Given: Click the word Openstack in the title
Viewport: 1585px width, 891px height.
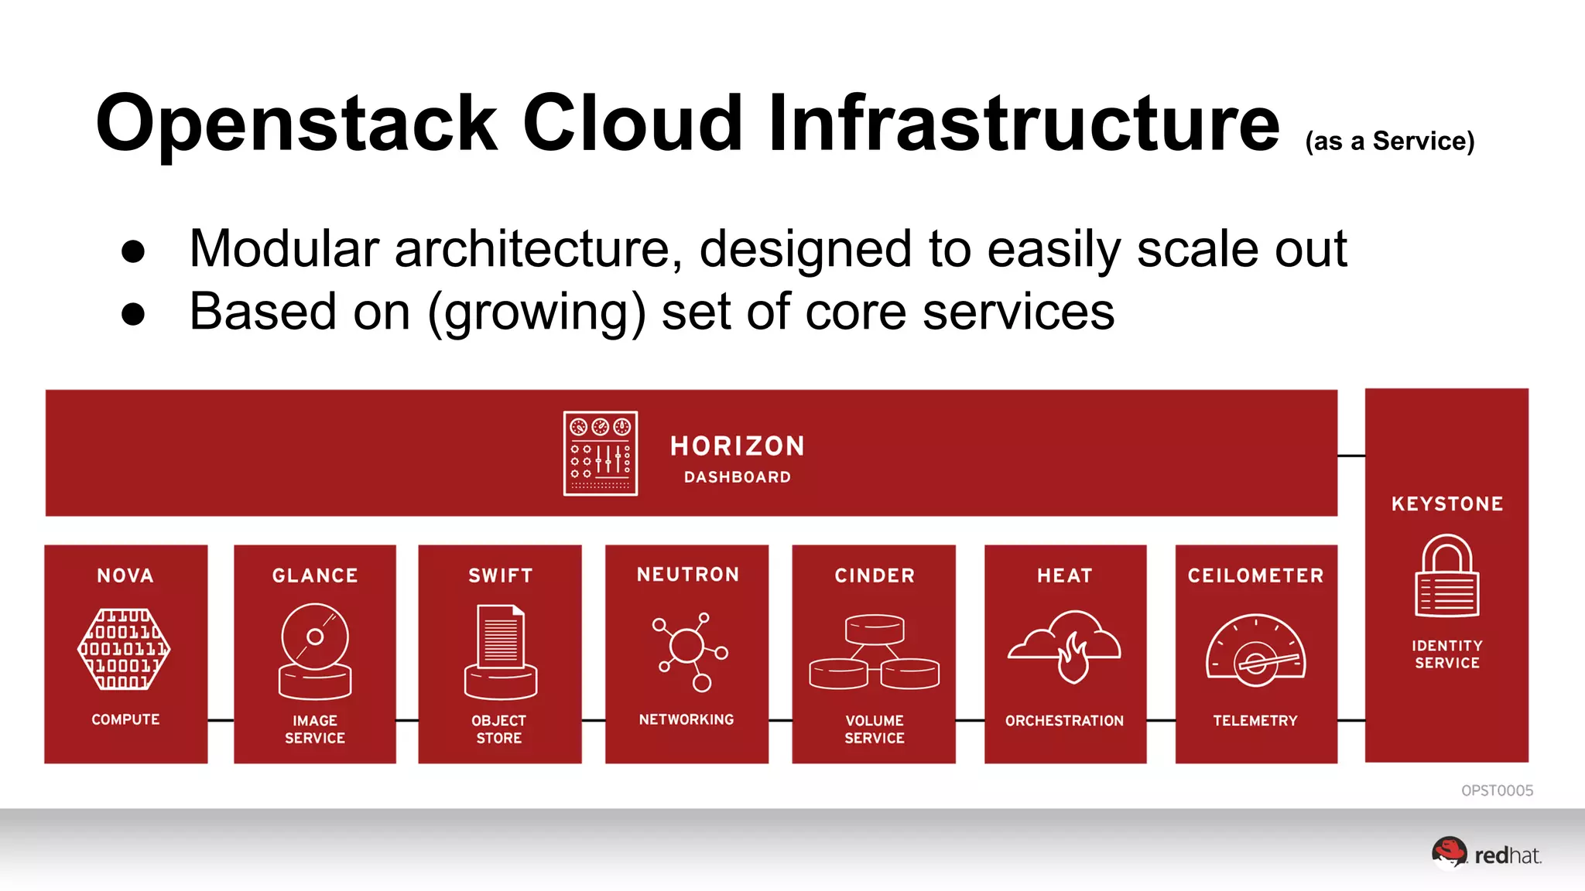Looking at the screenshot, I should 296,124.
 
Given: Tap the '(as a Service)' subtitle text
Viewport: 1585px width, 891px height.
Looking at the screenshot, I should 1389,142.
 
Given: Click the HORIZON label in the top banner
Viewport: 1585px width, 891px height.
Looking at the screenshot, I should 737,445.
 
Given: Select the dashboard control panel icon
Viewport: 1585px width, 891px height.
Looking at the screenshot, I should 601,453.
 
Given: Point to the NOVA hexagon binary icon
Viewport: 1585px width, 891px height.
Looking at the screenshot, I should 125,649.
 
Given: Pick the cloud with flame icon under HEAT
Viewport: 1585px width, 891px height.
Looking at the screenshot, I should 1064,646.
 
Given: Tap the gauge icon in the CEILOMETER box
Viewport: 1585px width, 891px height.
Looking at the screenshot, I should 1255,650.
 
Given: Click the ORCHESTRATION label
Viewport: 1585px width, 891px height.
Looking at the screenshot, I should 1064,720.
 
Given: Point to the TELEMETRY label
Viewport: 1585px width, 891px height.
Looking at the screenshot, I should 1255,720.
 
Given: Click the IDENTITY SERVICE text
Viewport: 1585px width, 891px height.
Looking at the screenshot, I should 1446,654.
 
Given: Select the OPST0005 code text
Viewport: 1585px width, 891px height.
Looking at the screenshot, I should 1496,790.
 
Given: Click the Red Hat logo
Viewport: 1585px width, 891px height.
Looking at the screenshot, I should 1485,854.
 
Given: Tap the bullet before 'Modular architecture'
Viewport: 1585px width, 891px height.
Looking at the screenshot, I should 133,251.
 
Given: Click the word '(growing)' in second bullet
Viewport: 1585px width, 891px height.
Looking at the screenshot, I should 536,312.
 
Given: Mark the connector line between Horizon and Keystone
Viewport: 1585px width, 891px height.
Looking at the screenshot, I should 1351,456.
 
